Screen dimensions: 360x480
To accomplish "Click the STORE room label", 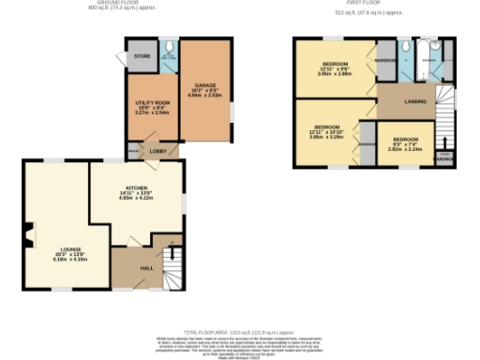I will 142,57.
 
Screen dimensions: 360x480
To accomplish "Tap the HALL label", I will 147,269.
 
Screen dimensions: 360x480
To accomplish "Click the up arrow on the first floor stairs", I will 445,141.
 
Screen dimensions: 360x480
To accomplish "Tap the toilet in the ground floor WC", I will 166,47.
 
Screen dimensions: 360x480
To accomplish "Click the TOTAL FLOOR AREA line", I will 239,332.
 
